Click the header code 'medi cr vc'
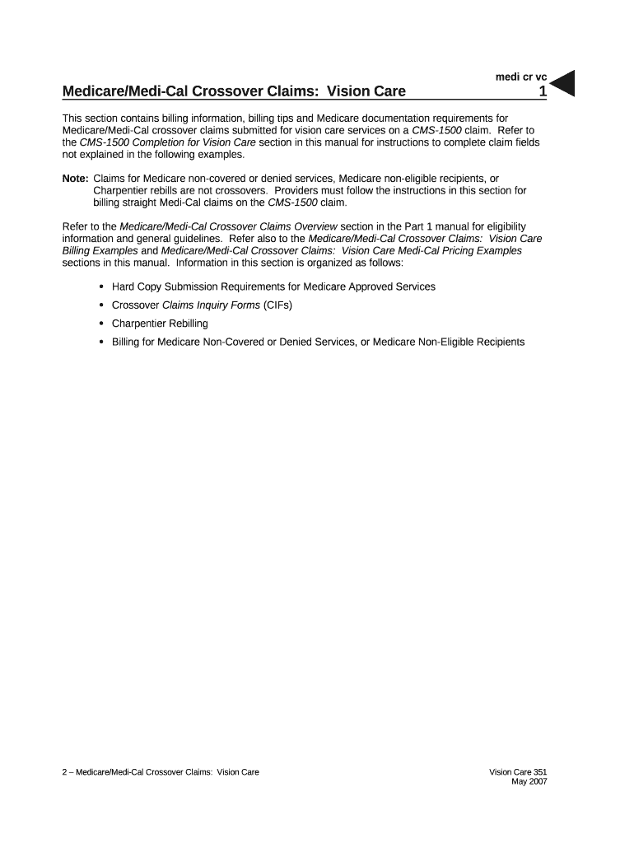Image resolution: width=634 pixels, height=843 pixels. click(520, 77)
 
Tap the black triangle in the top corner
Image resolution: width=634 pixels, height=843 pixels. click(562, 83)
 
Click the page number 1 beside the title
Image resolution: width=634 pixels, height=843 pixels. click(543, 92)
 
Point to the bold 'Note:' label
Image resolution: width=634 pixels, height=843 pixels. click(76, 179)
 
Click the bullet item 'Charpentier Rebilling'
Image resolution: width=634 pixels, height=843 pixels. click(160, 324)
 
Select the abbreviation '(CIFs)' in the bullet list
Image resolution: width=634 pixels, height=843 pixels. click(278, 305)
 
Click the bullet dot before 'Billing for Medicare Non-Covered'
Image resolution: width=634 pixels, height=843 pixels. click(100, 342)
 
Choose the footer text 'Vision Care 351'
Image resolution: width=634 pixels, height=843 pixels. click(518, 772)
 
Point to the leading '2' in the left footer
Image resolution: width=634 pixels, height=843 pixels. click(65, 772)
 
